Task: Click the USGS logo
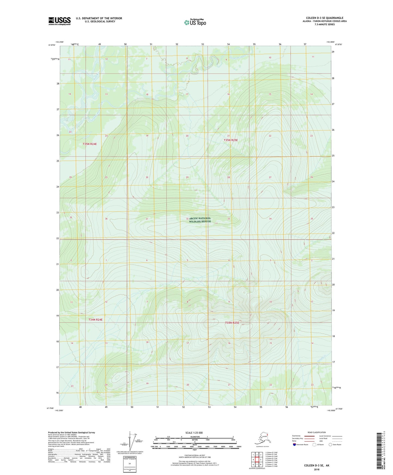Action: [59, 21]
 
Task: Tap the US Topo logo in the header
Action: [195, 22]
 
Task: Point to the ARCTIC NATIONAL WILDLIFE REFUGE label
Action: [200, 220]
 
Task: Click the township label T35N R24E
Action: [90, 144]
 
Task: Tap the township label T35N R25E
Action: [231, 140]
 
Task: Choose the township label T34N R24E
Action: [95, 320]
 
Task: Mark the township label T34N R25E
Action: [232, 323]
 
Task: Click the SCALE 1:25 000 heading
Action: [194, 433]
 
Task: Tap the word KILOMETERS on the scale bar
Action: [194, 437]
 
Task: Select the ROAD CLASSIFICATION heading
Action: [317, 432]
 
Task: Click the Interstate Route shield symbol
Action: [295, 445]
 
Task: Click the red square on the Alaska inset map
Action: [267, 434]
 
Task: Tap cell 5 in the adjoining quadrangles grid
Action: [261, 460]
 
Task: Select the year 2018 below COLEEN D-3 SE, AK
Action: [317, 469]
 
